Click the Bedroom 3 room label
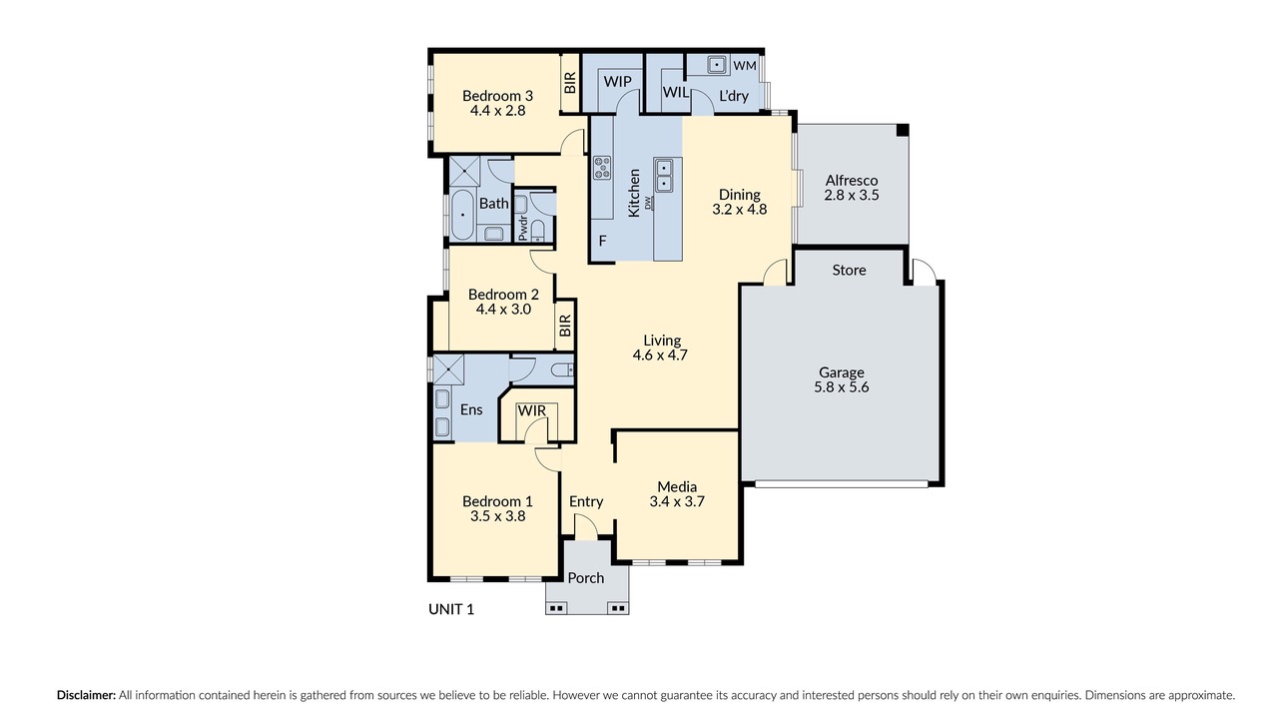coord(497,95)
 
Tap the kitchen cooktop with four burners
coord(602,167)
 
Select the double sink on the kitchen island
coord(664,175)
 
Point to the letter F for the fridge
coord(602,241)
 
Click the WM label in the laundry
coord(745,66)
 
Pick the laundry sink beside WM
coord(717,65)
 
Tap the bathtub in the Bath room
coord(462,215)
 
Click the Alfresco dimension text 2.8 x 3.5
coord(852,195)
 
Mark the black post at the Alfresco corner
coord(902,130)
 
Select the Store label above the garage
coord(849,270)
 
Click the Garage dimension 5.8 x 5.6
coord(841,387)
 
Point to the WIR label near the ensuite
coord(532,410)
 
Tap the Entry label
coord(586,501)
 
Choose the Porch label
coord(586,578)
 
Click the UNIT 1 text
coord(451,609)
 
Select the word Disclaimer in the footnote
coord(86,695)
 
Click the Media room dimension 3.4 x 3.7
coord(677,501)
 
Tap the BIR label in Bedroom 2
coord(565,326)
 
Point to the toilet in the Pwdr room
coord(538,231)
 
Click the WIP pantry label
coord(617,82)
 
